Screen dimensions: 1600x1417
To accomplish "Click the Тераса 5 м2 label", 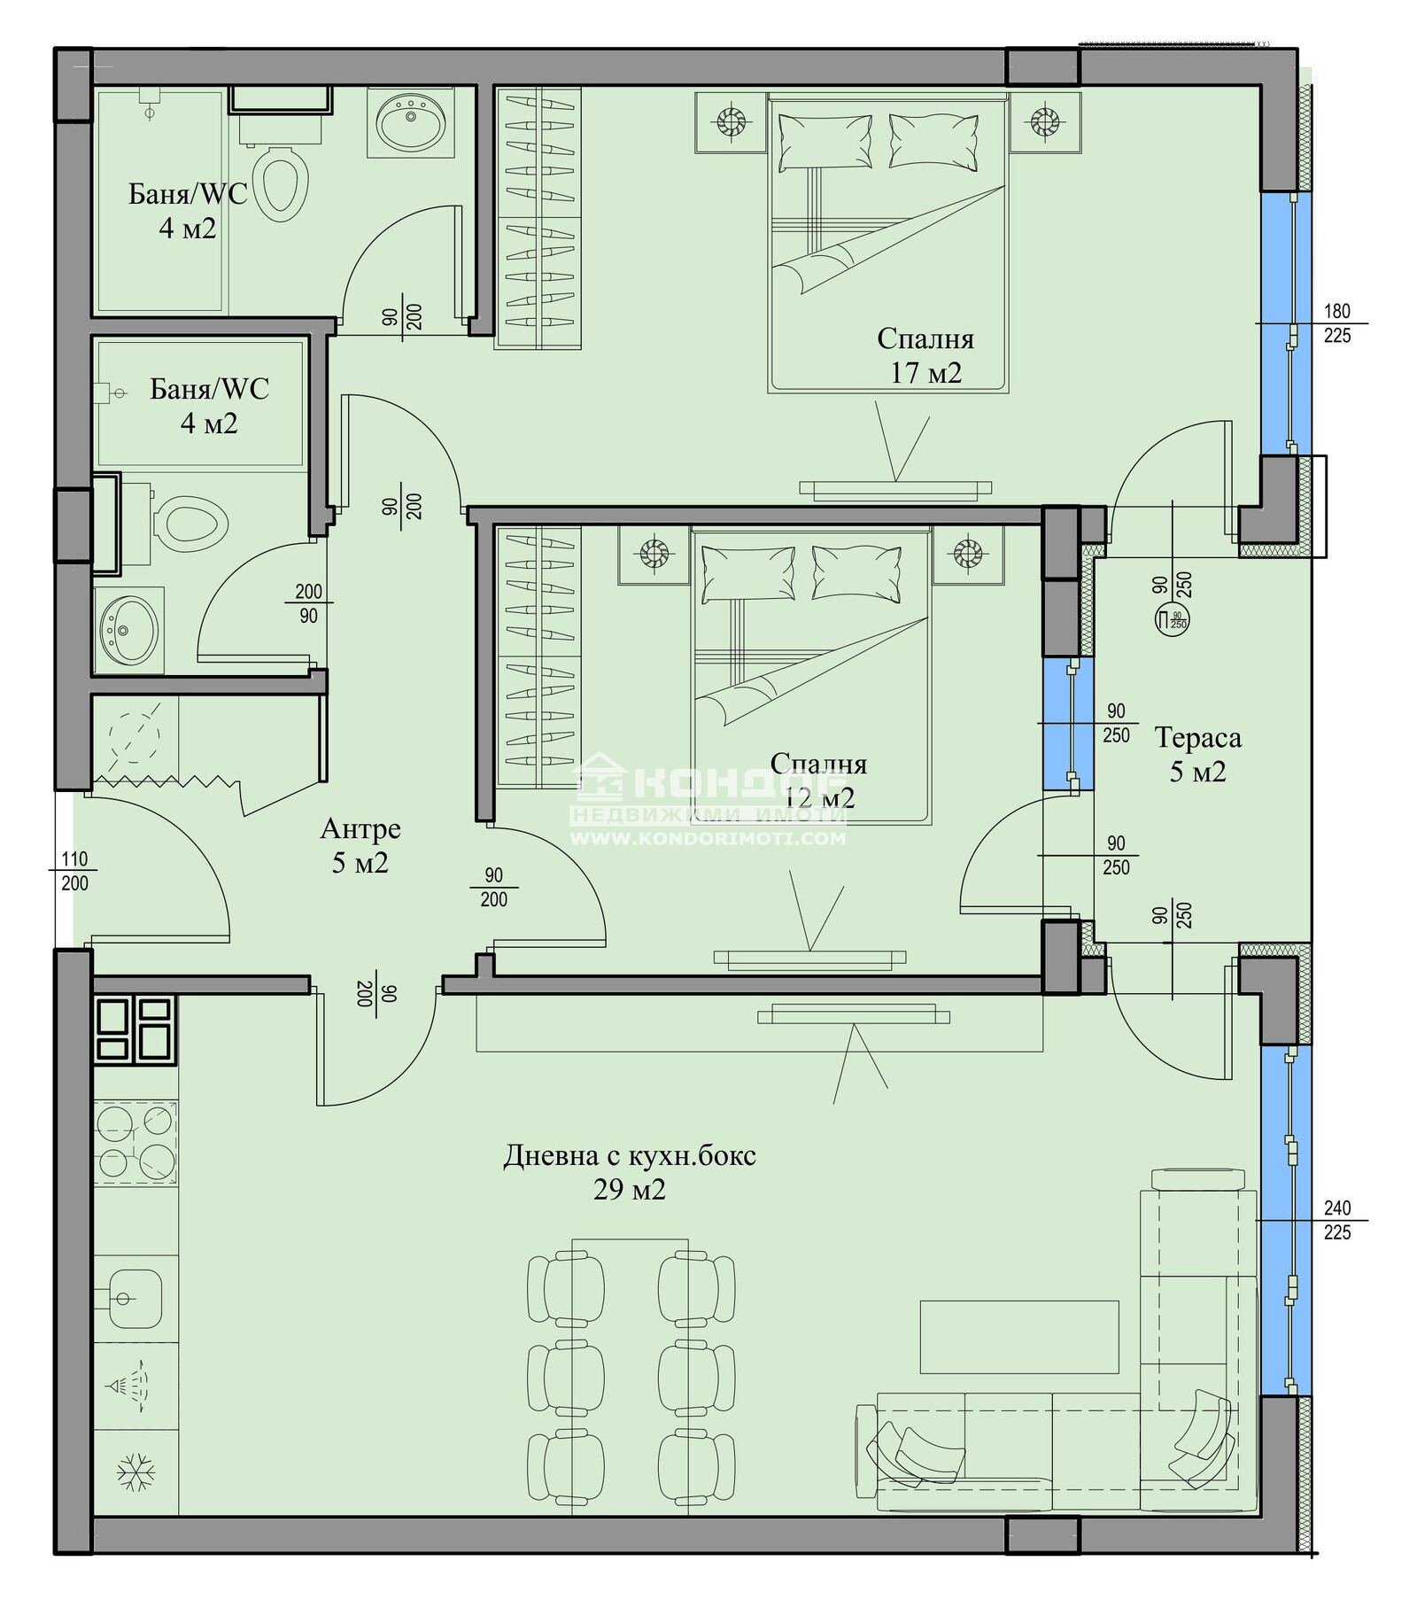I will point(1197,755).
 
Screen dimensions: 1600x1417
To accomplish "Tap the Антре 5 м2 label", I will point(360,845).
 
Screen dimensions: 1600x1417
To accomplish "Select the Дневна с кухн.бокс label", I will point(630,1156).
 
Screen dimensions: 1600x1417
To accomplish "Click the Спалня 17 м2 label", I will point(925,355).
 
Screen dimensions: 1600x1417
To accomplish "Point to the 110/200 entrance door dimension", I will point(74,871).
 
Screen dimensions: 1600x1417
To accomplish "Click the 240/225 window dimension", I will point(1336,1220).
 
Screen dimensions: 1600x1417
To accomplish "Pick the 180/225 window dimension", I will point(1336,323).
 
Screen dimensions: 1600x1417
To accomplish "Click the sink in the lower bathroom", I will point(129,630).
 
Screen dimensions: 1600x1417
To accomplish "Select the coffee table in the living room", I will point(1019,1337).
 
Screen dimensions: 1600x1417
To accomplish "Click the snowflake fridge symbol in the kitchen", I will point(136,1472).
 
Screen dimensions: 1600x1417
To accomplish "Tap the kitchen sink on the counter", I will point(136,1299).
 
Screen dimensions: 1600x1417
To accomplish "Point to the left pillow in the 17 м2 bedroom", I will point(825,142).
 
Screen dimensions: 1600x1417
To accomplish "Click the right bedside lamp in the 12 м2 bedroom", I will point(968,555).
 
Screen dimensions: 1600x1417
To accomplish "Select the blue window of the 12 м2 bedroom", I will point(1068,723).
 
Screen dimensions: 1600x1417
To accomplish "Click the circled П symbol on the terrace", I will point(1172,619).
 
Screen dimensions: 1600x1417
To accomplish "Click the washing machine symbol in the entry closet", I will point(135,734).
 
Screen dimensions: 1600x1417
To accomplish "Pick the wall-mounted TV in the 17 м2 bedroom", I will point(895,487).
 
